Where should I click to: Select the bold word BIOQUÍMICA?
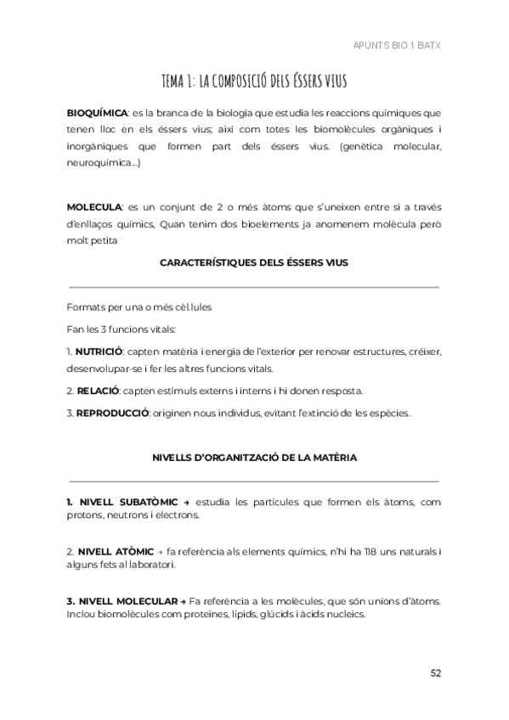click(x=97, y=113)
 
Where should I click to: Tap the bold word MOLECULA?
click(x=93, y=207)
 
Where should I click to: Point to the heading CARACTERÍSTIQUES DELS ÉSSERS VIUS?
click(x=254, y=263)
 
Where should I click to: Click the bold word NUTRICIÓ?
click(x=99, y=352)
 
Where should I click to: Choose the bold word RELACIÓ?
click(x=97, y=391)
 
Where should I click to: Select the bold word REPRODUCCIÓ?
click(x=112, y=413)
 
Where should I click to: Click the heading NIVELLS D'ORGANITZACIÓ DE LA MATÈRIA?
click(x=254, y=458)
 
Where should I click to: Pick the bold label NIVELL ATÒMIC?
click(x=110, y=552)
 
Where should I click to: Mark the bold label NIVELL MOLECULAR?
click(x=122, y=601)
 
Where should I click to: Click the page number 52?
click(x=435, y=673)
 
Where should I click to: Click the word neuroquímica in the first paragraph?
click(x=96, y=161)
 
